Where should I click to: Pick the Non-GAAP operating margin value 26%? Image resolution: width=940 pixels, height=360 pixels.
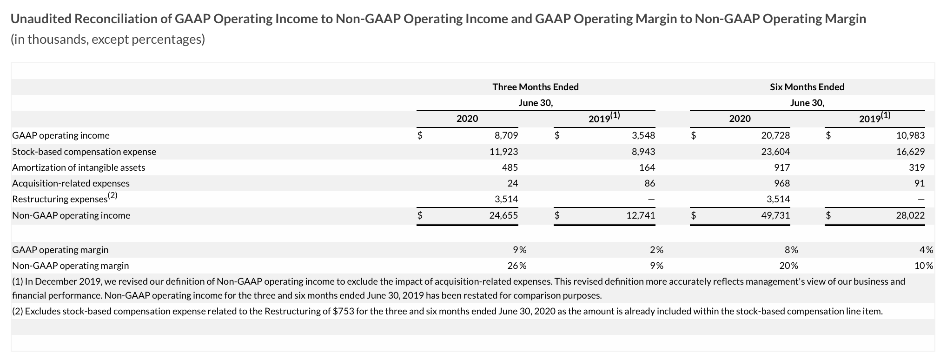click(x=516, y=266)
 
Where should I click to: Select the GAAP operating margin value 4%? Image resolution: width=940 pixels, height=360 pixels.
click(x=926, y=250)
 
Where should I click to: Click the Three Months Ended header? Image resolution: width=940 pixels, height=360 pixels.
click(x=536, y=87)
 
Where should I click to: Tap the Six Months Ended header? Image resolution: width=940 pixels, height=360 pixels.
click(x=807, y=87)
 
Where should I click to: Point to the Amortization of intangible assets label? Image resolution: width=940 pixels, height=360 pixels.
click(x=79, y=167)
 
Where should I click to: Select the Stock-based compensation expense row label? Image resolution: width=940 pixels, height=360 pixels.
click(x=84, y=152)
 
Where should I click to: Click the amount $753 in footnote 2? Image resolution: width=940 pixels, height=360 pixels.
click(x=344, y=311)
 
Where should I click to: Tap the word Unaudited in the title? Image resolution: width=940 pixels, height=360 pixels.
click(x=41, y=19)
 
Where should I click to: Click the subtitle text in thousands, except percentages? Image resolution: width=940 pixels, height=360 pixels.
click(x=107, y=40)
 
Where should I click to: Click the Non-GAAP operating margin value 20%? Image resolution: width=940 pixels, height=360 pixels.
click(x=788, y=266)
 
